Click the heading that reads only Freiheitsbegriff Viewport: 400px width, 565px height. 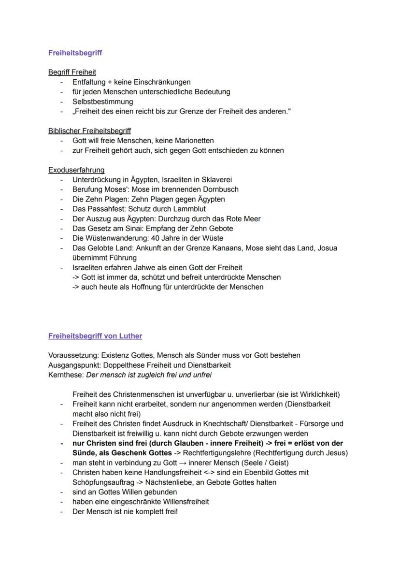click(x=75, y=53)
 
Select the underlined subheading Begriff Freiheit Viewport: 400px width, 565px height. click(x=72, y=72)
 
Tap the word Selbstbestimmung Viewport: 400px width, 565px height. click(x=102, y=101)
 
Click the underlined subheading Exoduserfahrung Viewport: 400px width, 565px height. click(x=76, y=170)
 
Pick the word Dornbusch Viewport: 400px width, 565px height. click(x=222, y=189)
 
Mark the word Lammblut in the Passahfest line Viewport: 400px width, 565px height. click(x=190, y=209)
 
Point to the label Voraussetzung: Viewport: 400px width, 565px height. click(x=73, y=355)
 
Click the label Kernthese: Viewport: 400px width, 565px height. click(x=66, y=375)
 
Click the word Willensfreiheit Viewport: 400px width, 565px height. click(x=182, y=502)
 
